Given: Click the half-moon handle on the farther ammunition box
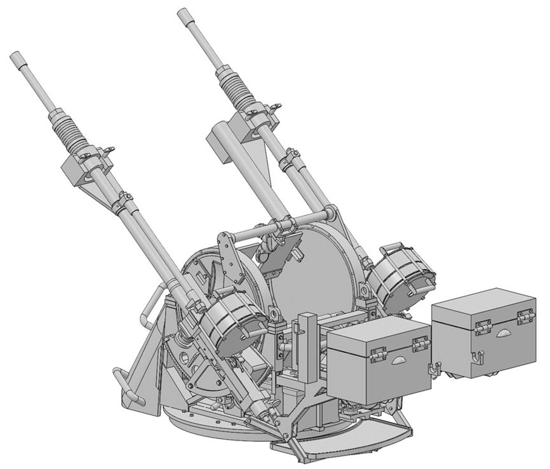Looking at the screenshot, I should pos(504,335).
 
